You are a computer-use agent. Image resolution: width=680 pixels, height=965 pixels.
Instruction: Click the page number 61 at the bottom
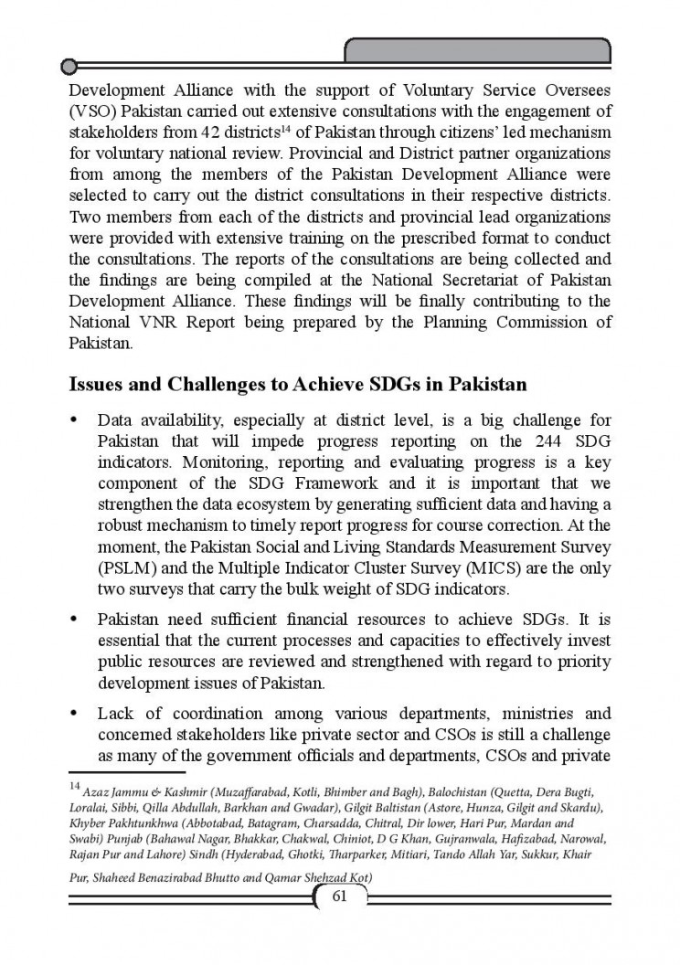[339, 896]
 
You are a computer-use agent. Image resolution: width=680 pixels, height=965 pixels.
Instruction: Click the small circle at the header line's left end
[68, 65]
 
